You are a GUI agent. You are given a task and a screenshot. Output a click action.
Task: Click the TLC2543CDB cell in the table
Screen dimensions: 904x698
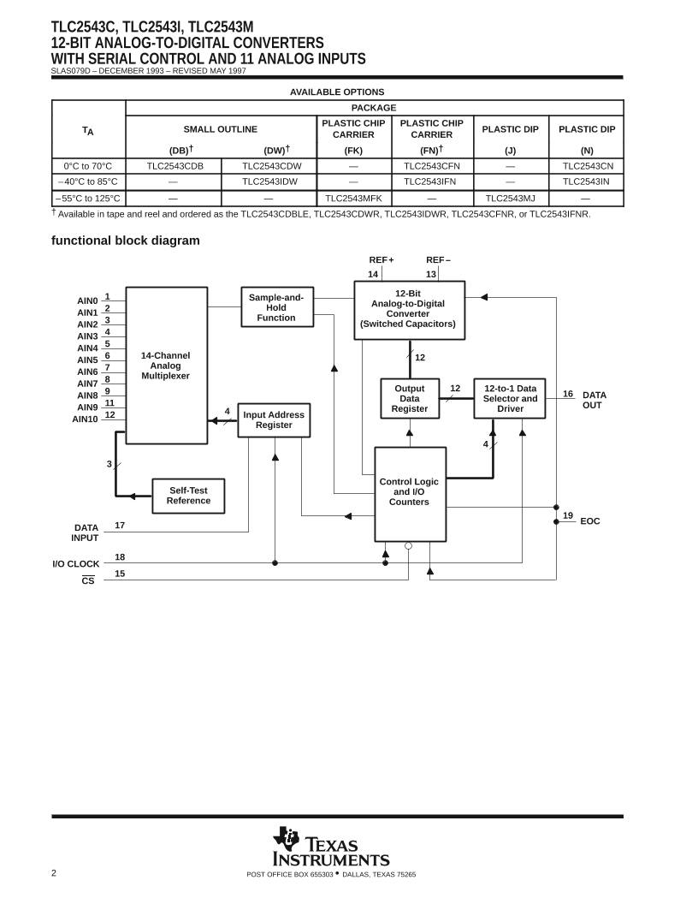point(174,166)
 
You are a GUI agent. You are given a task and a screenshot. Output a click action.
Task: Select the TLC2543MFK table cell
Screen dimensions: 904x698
point(353,198)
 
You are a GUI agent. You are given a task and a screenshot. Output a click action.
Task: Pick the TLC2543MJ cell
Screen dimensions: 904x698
point(510,198)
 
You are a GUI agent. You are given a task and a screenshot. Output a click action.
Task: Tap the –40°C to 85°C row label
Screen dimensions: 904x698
point(89,181)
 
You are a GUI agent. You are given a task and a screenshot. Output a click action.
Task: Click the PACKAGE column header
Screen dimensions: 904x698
point(374,108)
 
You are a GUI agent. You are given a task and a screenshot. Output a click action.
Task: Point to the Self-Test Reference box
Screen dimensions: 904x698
point(188,496)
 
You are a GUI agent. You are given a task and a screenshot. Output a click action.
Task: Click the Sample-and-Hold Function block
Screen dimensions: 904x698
point(276,307)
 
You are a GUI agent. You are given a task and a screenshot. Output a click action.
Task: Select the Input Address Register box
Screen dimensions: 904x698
point(274,419)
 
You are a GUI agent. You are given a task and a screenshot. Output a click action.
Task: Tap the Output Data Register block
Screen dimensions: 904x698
point(410,399)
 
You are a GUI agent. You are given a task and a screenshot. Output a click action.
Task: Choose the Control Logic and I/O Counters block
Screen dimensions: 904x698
point(410,493)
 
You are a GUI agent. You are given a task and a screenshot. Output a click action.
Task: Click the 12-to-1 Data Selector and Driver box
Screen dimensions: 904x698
point(510,399)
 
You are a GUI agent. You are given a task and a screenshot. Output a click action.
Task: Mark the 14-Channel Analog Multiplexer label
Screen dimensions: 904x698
point(166,366)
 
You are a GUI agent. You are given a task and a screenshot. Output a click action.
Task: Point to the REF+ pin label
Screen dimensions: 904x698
point(382,259)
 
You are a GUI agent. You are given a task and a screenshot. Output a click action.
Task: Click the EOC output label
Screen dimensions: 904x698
point(590,521)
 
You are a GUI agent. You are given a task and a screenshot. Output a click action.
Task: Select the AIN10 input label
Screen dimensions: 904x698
point(86,419)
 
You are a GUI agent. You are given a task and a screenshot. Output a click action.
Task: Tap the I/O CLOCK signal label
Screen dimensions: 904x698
point(75,563)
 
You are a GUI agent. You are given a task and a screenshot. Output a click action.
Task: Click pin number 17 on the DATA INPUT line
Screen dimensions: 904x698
point(120,525)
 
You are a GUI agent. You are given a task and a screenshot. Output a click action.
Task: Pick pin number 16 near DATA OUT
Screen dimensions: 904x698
point(568,394)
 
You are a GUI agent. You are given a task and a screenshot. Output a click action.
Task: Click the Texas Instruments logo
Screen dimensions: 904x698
point(331,847)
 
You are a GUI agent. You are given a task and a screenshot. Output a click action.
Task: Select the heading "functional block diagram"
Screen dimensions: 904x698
point(126,241)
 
